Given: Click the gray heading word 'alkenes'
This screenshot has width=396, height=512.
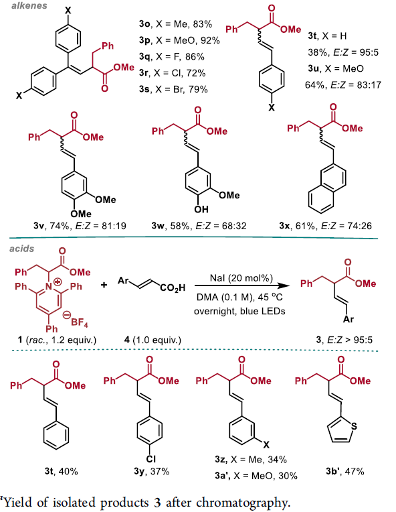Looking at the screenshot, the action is click(x=29, y=5).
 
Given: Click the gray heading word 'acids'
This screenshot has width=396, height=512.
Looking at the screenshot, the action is click(x=22, y=249).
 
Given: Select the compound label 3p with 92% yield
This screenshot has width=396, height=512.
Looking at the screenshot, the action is click(x=179, y=40).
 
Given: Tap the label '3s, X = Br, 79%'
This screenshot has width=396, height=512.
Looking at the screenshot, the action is click(x=173, y=89).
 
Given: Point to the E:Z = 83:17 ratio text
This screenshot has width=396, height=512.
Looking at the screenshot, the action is click(x=356, y=85).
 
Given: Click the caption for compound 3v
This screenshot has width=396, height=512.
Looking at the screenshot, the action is click(x=80, y=226).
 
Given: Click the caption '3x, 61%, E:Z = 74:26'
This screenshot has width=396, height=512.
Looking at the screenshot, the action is click(x=325, y=226).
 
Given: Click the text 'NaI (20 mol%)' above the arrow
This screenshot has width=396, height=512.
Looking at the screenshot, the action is click(x=241, y=278).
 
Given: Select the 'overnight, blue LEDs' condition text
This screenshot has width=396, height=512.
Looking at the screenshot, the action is click(x=239, y=311).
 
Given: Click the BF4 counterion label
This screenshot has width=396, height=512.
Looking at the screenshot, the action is click(x=79, y=322).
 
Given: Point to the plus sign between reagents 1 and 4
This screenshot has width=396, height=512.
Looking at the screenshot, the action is click(x=104, y=285).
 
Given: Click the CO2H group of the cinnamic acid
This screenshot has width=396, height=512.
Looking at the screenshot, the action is click(x=173, y=287).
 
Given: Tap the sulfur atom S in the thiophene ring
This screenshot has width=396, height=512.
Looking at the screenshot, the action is click(x=355, y=426).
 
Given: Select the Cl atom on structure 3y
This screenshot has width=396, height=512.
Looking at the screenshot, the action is click(x=151, y=459).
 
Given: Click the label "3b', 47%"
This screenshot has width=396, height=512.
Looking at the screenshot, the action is click(x=345, y=471).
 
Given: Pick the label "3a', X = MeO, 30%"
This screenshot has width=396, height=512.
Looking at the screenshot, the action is click(x=256, y=476).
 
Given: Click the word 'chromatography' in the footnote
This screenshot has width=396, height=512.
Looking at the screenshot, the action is click(x=243, y=502).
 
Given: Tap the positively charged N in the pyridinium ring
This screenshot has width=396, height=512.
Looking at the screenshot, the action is click(x=49, y=287).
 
